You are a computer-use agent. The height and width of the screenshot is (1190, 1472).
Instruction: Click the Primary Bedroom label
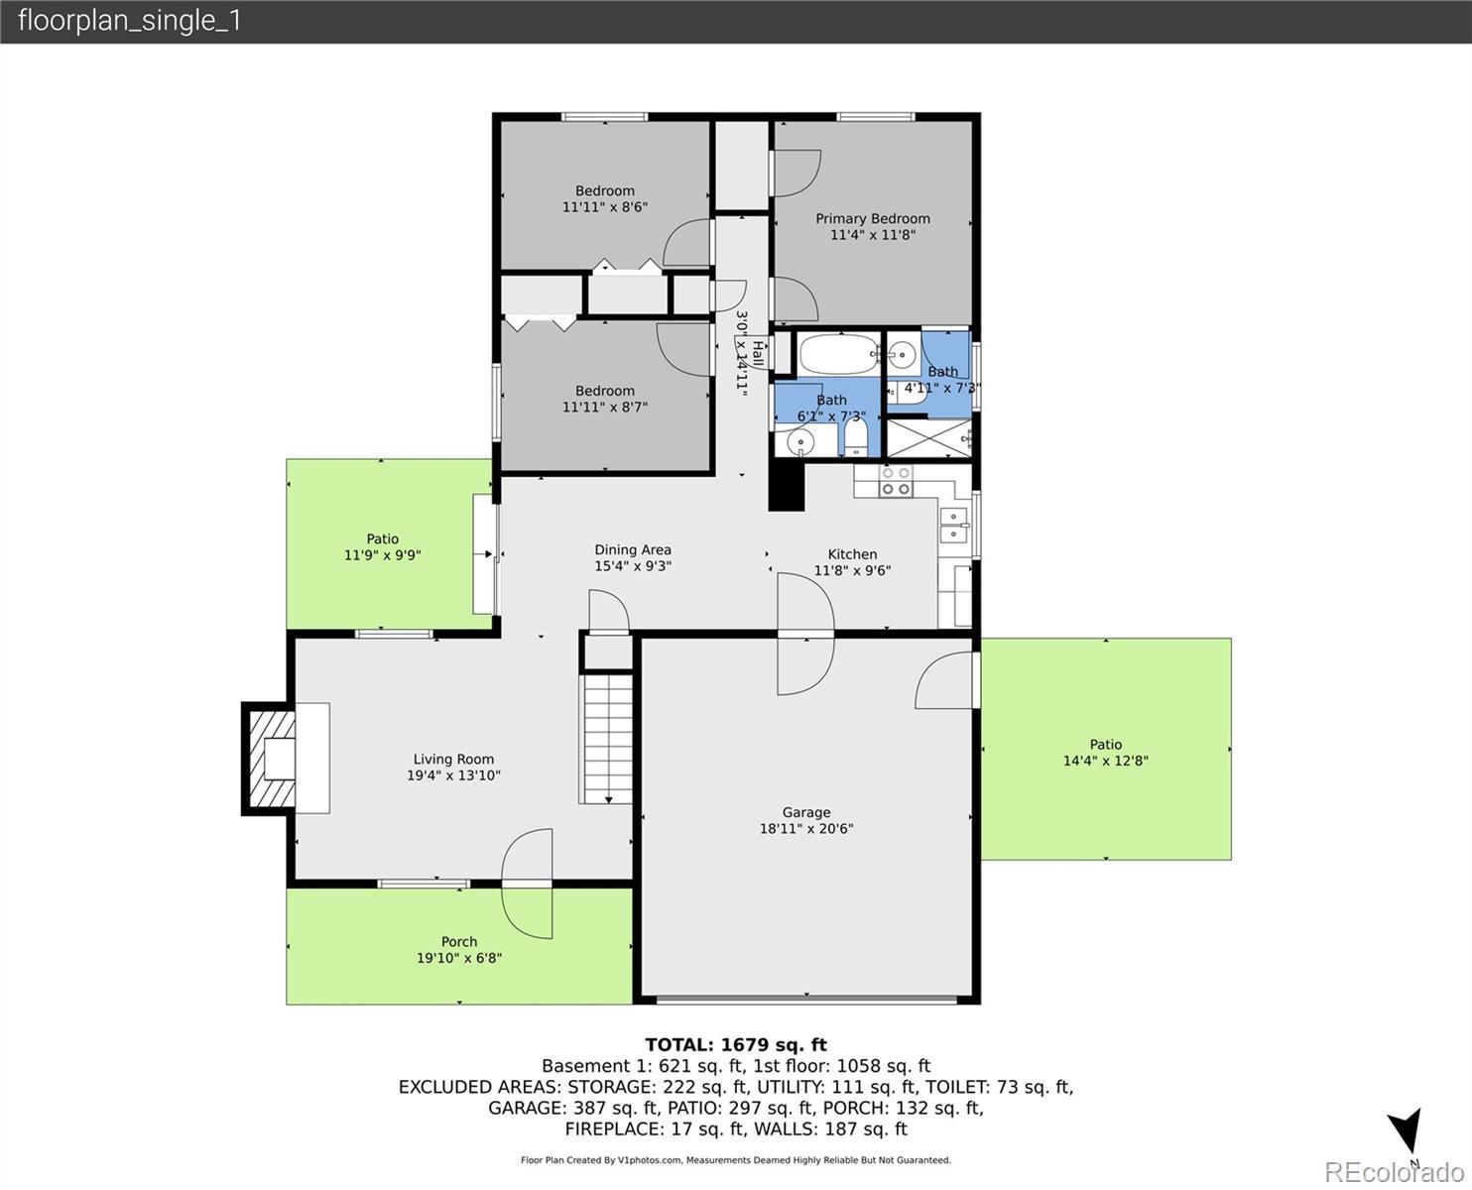click(872, 218)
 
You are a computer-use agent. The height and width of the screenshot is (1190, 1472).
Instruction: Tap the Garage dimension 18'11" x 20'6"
click(805, 828)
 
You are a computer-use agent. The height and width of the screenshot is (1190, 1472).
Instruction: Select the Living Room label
click(453, 759)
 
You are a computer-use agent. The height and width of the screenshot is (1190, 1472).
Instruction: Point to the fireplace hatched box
click(272, 759)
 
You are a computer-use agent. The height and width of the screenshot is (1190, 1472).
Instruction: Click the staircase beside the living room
click(606, 739)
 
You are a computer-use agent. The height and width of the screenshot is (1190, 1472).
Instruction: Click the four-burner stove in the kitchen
click(895, 481)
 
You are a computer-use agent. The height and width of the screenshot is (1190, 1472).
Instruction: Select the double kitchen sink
click(953, 526)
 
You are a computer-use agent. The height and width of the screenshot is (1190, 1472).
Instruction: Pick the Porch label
click(459, 941)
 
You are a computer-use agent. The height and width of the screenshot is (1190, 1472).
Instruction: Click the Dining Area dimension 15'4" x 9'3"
click(632, 565)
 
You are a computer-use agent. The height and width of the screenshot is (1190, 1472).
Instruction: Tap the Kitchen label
click(852, 554)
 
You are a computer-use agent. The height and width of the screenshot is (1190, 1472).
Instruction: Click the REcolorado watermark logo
click(1394, 1172)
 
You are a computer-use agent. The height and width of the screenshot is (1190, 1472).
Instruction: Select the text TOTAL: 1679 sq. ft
click(736, 1044)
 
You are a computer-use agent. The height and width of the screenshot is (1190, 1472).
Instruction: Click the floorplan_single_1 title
click(130, 21)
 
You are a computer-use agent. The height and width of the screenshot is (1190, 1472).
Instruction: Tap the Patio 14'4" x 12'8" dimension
click(1105, 761)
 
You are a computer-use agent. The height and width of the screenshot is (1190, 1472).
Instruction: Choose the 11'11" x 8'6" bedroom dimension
click(605, 206)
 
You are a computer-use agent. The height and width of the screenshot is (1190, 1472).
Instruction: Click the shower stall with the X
click(928, 438)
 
